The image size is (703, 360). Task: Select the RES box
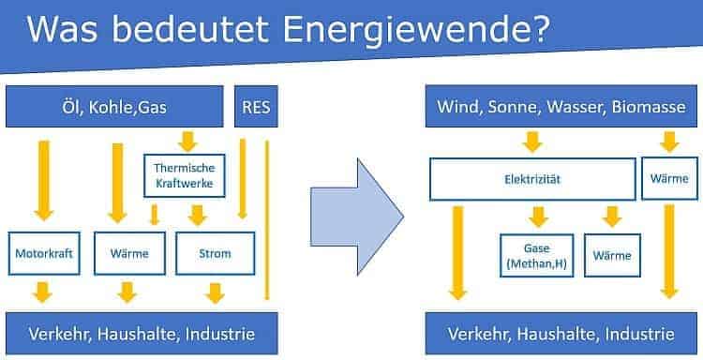coord(255,106)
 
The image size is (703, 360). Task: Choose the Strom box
coord(215,253)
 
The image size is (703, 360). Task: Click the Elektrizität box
coord(531,179)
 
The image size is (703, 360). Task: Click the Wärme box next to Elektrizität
coord(669,179)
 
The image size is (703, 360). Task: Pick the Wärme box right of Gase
coord(612,254)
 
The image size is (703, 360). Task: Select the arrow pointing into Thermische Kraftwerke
coord(187,142)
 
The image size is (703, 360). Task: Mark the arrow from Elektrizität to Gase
coord(536,217)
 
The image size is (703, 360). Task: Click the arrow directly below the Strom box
coord(215,292)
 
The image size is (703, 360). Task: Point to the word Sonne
coord(516,106)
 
